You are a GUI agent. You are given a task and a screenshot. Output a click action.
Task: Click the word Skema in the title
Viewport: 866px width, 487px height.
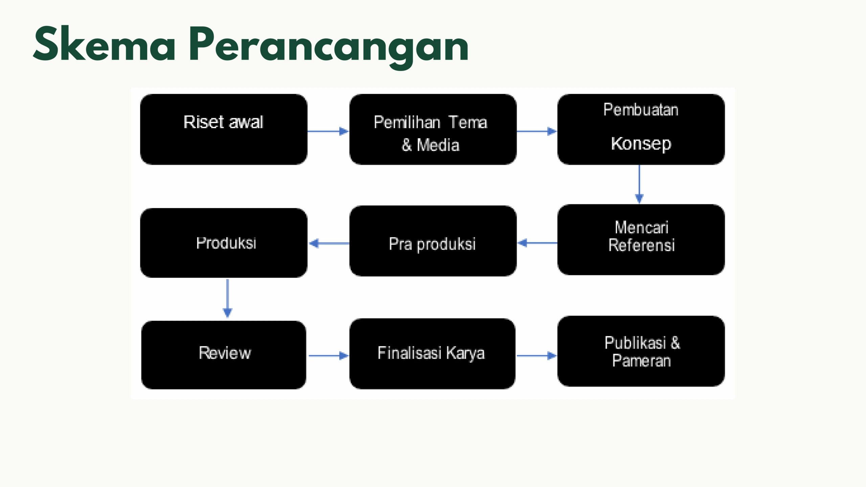point(104,44)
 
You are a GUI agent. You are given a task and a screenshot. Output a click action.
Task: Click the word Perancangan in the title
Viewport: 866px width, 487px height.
point(329,47)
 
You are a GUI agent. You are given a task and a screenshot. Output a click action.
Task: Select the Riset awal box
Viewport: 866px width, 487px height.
point(224,130)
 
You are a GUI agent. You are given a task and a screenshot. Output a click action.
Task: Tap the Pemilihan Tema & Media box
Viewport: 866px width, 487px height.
point(433,130)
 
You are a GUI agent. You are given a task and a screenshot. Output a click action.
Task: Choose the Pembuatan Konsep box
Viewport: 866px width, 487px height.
point(641,130)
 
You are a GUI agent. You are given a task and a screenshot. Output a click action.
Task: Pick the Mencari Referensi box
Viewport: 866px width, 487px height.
point(641,239)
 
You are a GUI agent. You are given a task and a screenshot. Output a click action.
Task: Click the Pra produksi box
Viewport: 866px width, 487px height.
point(433,241)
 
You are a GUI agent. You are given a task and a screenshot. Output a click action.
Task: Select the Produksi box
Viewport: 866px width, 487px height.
point(224,243)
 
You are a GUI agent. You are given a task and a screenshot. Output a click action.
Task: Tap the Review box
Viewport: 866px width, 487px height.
point(224,355)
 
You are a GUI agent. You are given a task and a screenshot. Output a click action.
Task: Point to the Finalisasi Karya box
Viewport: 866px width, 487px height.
point(432,353)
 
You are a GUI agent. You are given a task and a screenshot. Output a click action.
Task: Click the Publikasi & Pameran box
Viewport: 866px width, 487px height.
point(641,351)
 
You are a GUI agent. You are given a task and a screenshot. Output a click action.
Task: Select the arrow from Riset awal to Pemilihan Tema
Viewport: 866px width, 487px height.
point(328,131)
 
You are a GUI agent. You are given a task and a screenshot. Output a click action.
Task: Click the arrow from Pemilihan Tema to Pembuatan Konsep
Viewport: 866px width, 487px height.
point(537,131)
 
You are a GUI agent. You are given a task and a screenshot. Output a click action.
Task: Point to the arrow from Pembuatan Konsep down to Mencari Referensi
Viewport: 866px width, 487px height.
point(639,184)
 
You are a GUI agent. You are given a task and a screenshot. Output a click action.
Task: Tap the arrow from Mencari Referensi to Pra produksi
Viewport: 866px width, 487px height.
point(538,243)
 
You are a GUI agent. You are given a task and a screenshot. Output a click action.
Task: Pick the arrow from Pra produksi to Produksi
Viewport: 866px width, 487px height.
point(329,243)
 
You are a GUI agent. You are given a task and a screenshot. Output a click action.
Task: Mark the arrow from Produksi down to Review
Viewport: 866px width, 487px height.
point(227,298)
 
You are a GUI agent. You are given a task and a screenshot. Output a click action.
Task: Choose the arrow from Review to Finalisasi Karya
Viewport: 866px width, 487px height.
point(328,355)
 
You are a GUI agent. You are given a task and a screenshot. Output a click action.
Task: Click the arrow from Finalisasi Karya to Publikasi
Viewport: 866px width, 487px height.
point(537,355)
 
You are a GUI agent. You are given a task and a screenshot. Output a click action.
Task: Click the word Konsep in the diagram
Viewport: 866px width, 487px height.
point(641,144)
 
